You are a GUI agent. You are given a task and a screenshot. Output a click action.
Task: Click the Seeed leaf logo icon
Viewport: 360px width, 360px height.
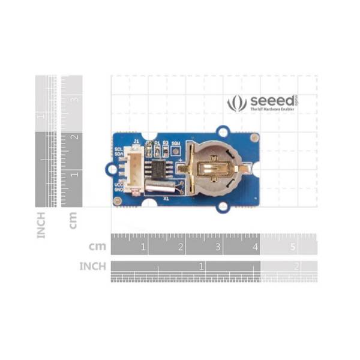(237, 103)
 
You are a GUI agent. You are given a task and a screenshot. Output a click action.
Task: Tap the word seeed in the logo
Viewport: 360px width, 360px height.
(271, 100)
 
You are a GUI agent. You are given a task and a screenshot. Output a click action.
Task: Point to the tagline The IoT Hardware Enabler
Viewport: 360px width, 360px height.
(271, 111)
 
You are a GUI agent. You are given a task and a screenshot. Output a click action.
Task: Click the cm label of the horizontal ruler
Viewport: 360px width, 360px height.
(97, 246)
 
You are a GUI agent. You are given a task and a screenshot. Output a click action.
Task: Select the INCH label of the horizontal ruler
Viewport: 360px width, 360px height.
(92, 266)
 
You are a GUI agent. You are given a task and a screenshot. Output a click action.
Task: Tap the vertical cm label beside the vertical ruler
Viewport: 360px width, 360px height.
(73, 220)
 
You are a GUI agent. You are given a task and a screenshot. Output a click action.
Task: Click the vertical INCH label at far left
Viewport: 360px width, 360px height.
(41, 224)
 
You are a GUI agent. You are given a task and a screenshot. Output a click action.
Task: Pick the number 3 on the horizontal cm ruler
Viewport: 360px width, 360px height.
(217, 247)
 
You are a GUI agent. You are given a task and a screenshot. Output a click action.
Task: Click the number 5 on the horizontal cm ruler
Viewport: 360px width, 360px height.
(292, 247)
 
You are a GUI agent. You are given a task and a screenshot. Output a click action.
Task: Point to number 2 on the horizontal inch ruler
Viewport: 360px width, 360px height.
(296, 266)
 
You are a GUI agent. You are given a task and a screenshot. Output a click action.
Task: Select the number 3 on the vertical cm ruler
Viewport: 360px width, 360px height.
(74, 100)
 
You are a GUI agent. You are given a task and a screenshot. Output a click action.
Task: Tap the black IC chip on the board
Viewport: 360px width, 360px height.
(161, 167)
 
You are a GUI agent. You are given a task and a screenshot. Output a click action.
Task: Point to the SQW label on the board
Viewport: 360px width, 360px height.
(176, 143)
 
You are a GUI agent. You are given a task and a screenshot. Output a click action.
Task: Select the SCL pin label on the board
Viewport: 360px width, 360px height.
(118, 149)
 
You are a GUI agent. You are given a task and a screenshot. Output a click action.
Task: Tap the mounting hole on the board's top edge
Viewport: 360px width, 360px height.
(224, 131)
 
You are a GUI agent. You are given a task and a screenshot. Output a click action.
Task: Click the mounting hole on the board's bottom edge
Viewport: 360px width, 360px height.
(224, 206)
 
